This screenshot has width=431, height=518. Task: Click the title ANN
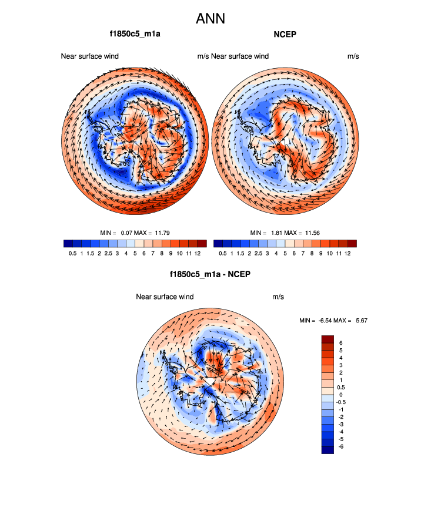pyautogui.click(x=211, y=19)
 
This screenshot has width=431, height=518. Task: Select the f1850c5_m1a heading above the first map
pyautogui.click(x=135, y=34)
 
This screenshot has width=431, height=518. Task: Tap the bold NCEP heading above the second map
pyautogui.click(x=285, y=34)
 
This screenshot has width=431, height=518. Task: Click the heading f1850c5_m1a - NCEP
pyautogui.click(x=209, y=274)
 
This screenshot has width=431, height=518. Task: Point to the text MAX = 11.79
pyautogui.click(x=152, y=233)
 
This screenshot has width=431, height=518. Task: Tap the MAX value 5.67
pyautogui.click(x=360, y=320)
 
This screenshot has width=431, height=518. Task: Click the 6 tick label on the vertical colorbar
pyautogui.click(x=340, y=342)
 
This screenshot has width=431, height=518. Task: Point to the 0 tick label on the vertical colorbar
pyautogui.click(x=340, y=395)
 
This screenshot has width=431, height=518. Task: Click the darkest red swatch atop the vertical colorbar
pyautogui.click(x=328, y=338)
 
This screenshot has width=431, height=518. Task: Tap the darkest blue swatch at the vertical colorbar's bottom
pyautogui.click(x=328, y=449)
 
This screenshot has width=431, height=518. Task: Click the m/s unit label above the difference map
pyautogui.click(x=278, y=297)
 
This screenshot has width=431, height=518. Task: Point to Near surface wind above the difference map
pyautogui.click(x=165, y=297)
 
